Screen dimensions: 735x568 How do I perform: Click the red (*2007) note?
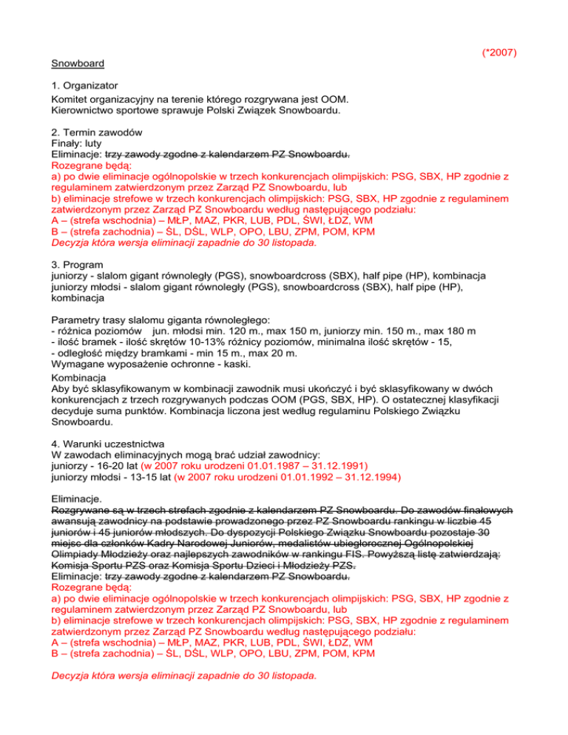(498, 52)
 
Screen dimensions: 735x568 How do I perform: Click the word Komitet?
(72, 98)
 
